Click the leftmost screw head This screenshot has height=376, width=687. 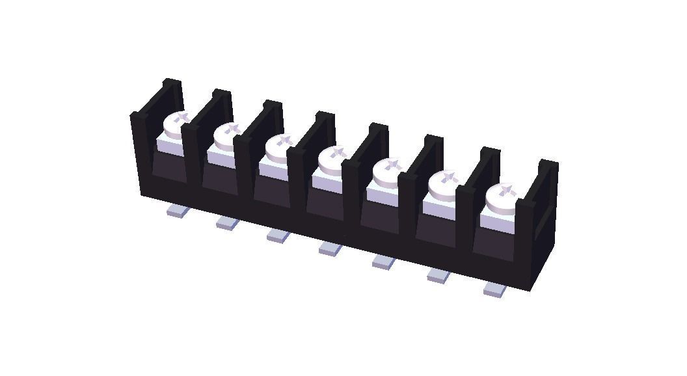(176, 123)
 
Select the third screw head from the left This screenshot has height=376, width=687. (280, 146)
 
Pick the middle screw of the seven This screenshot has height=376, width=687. (332, 159)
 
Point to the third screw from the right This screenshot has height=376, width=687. (388, 172)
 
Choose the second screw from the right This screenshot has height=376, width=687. (444, 185)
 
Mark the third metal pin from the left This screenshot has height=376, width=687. (278, 235)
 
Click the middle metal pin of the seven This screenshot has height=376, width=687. (330, 248)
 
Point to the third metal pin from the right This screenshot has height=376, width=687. (384, 262)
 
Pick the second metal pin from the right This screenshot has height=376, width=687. (438, 275)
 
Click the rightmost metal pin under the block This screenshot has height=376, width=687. (495, 289)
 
